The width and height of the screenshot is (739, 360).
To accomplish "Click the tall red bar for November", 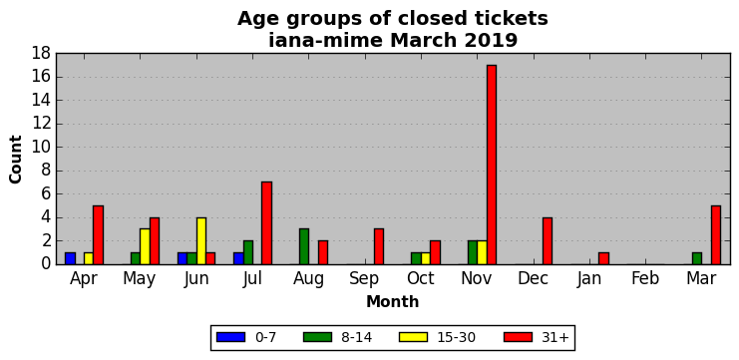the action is click(492, 165).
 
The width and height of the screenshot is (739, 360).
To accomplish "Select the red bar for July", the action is click(266, 222).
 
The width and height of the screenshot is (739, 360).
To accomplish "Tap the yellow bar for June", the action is click(201, 240).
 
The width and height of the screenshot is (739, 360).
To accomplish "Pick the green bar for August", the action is click(304, 246).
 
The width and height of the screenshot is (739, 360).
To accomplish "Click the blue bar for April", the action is click(70, 258).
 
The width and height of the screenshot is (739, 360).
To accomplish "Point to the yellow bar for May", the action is click(146, 246).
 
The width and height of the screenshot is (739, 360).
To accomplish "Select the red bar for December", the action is click(548, 240).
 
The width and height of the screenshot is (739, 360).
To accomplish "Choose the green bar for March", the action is click(697, 258).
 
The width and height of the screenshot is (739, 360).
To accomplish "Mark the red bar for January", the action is click(603, 258).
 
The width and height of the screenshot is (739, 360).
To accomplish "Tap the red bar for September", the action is click(379, 246).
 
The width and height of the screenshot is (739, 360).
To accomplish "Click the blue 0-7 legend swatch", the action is click(231, 337).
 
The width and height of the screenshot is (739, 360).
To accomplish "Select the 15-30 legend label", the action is click(456, 337).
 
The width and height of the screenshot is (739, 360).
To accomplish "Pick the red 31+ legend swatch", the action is click(518, 337).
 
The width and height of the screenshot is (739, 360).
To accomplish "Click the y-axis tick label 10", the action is click(42, 147).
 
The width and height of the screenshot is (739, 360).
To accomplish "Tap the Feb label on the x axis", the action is click(645, 278).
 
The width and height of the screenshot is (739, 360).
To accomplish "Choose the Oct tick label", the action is click(421, 278).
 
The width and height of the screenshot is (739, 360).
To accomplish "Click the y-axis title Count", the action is click(16, 160).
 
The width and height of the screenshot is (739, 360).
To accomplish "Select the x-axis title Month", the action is click(393, 301).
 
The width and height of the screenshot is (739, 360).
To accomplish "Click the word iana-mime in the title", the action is click(326, 41).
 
